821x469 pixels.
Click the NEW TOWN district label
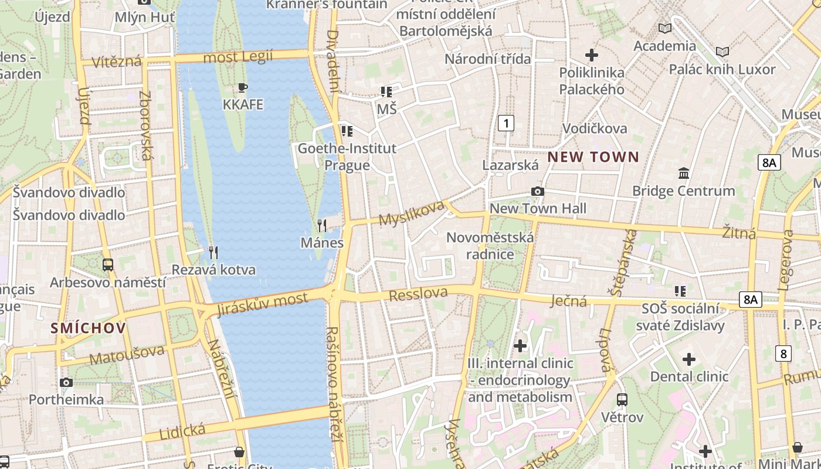pos(593,157)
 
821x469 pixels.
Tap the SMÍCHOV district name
pos(88,328)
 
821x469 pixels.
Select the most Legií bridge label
pos(238,57)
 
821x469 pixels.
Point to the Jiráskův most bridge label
pos(262,304)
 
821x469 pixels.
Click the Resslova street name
pos(418,294)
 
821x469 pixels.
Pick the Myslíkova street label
pos(412,213)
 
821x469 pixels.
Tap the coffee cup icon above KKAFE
pos(242,88)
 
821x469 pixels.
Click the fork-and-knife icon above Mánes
pos(321,225)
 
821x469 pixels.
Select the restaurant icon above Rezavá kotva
pos(213,253)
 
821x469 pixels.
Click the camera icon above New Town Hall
pos(537,191)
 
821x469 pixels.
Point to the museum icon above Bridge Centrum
pos(683,174)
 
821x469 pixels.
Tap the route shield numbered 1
pos(506,123)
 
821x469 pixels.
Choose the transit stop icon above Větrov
pos(622,400)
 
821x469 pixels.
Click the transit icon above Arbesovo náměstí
pos(108,264)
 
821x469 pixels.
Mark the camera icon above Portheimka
pos(66,382)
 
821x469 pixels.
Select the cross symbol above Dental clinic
pos(689,359)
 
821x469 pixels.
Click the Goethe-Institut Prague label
pos(347,157)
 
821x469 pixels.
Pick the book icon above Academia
pos(664,28)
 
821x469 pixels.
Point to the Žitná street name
pos(738,233)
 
